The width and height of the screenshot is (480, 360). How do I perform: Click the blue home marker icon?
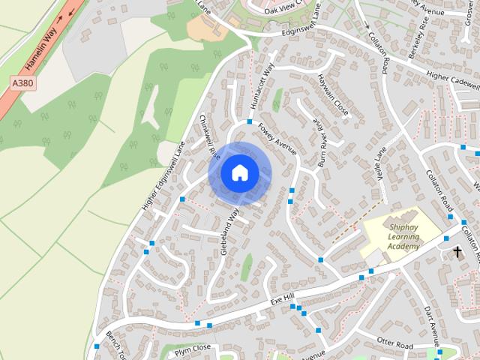pyautogui.click(x=239, y=173)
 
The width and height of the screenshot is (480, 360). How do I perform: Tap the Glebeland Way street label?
pyautogui.click(x=229, y=233)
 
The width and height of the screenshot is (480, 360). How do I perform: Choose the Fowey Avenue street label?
pyautogui.click(x=277, y=139)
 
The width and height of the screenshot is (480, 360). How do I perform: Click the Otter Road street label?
pyautogui.click(x=394, y=344)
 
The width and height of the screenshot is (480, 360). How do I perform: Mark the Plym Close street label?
pyautogui.click(x=193, y=349)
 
